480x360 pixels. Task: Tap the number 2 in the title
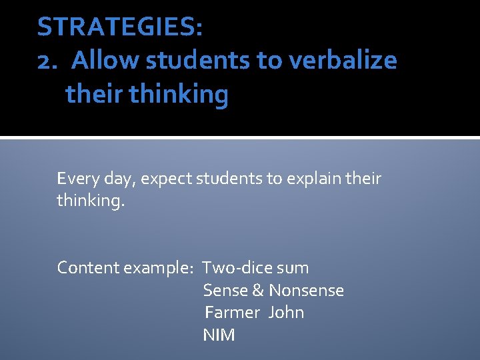(x=45, y=61)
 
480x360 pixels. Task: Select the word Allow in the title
(x=105, y=61)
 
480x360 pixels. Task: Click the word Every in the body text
(x=76, y=179)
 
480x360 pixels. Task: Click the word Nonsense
(x=306, y=291)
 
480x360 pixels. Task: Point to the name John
(x=286, y=313)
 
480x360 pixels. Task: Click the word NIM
(x=219, y=335)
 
